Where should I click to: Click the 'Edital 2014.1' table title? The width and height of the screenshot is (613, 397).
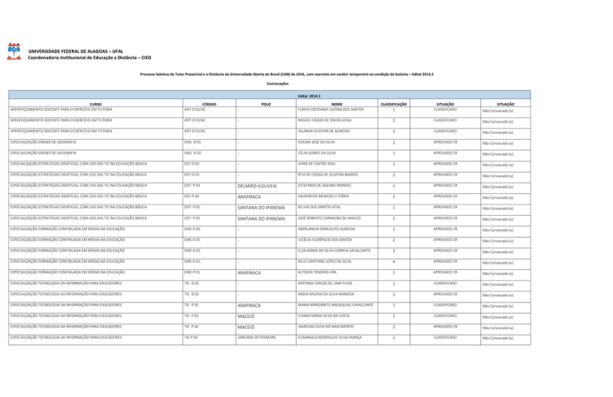point(307,94)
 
